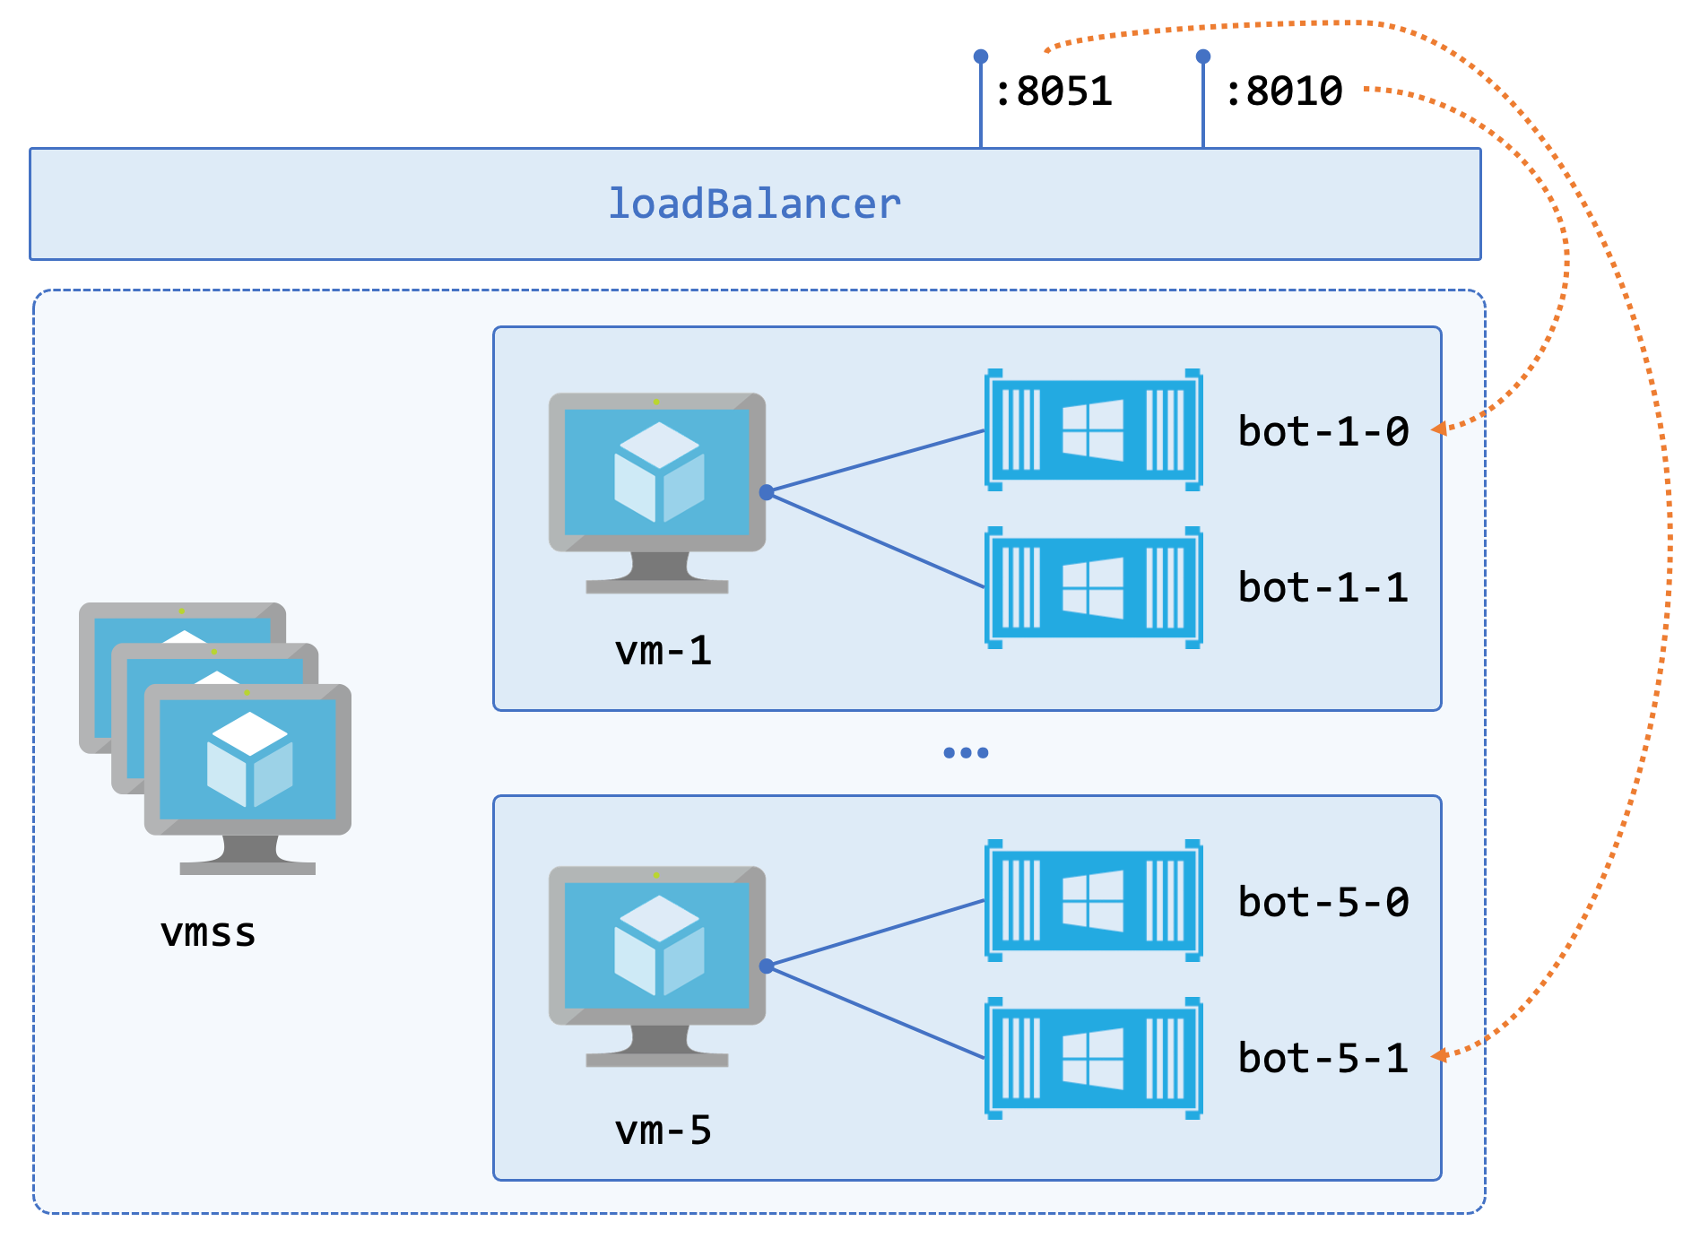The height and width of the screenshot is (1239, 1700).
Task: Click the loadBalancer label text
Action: click(x=754, y=204)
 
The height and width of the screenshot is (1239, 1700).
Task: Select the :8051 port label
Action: click(x=1053, y=91)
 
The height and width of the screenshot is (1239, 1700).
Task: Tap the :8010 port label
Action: click(x=1283, y=91)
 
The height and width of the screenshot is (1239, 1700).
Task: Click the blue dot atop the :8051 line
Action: click(x=981, y=56)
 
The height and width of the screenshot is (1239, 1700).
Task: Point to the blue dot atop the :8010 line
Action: click(x=1203, y=56)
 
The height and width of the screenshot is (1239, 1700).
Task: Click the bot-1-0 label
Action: click(x=1323, y=431)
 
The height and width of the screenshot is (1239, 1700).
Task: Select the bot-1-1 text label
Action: click(x=1323, y=588)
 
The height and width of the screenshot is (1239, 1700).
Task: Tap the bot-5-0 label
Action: click(x=1323, y=902)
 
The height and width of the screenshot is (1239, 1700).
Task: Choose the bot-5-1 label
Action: click(x=1323, y=1059)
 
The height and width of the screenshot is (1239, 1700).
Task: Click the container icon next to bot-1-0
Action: click(x=1093, y=430)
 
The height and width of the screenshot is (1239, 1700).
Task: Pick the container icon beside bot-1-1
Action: click(x=1093, y=588)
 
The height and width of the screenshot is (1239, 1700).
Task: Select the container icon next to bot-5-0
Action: click(x=1093, y=901)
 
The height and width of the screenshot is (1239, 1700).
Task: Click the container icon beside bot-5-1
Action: click(x=1093, y=1059)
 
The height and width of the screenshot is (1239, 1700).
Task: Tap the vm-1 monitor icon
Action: click(x=656, y=484)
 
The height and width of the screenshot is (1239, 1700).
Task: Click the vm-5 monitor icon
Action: click(x=656, y=957)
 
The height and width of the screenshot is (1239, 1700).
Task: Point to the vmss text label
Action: click(x=208, y=932)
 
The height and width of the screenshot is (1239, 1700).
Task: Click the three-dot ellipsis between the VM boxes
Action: click(x=966, y=753)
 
